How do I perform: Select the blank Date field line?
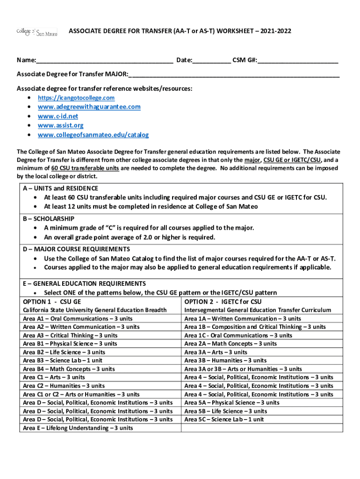pos(211,61)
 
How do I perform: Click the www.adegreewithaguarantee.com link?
pos(89,107)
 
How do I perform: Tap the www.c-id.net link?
pos(58,116)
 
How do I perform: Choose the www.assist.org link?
pos(61,125)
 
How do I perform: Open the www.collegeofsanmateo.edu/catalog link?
pos(93,135)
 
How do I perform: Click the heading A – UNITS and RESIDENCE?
pos(60,188)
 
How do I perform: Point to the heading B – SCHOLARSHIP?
pos(49,218)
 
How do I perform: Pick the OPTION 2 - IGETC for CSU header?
pos(223,302)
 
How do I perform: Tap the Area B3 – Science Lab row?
pos(63,361)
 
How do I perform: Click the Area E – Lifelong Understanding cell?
pos(78,428)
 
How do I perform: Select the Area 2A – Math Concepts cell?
pos(230,344)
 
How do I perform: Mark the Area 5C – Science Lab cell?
pos(224,420)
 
